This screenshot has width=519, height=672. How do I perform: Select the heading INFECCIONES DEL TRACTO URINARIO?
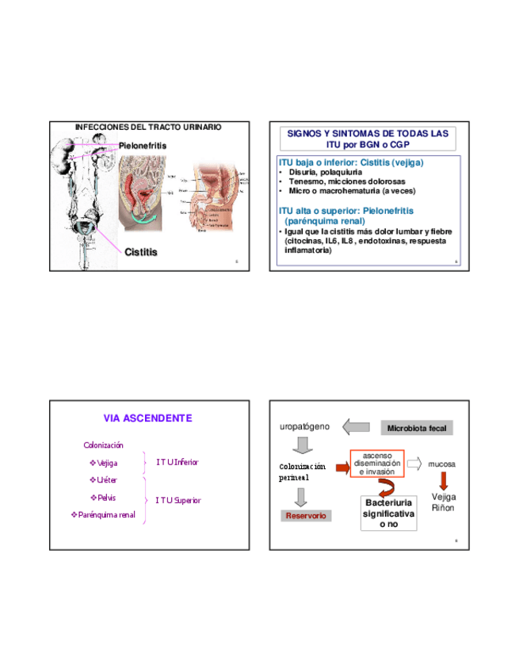pyautogui.click(x=147, y=127)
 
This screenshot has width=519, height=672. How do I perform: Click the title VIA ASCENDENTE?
pyautogui.click(x=147, y=418)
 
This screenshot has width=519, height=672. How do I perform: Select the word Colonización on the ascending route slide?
pyautogui.click(x=103, y=445)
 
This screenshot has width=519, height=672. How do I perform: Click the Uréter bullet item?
pyautogui.click(x=104, y=480)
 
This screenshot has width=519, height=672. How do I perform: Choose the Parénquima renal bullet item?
pyautogui.click(x=104, y=515)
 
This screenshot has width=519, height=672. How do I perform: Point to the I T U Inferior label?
pyautogui.click(x=177, y=462)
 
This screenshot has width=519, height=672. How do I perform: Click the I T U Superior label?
pyautogui.click(x=177, y=500)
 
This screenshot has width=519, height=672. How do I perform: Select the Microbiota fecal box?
pyautogui.click(x=417, y=428)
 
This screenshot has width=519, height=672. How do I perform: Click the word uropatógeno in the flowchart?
pyautogui.click(x=304, y=426)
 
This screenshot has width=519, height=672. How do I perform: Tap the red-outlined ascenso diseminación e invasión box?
pyautogui.click(x=377, y=464)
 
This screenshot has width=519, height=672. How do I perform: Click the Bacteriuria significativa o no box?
pyautogui.click(x=388, y=514)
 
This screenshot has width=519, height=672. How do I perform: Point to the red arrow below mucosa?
pyautogui.click(x=444, y=480)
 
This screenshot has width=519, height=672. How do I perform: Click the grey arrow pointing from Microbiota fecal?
pyautogui.click(x=357, y=427)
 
